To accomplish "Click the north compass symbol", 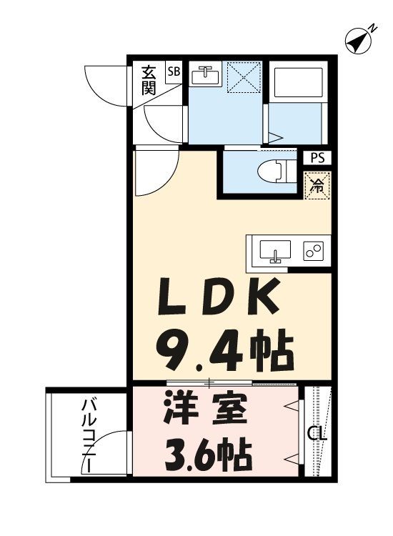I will [359, 41].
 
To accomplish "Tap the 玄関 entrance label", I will [149, 79].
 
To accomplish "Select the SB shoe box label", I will [174, 71].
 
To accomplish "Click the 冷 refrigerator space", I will [316, 186].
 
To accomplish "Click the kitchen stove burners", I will [312, 251].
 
